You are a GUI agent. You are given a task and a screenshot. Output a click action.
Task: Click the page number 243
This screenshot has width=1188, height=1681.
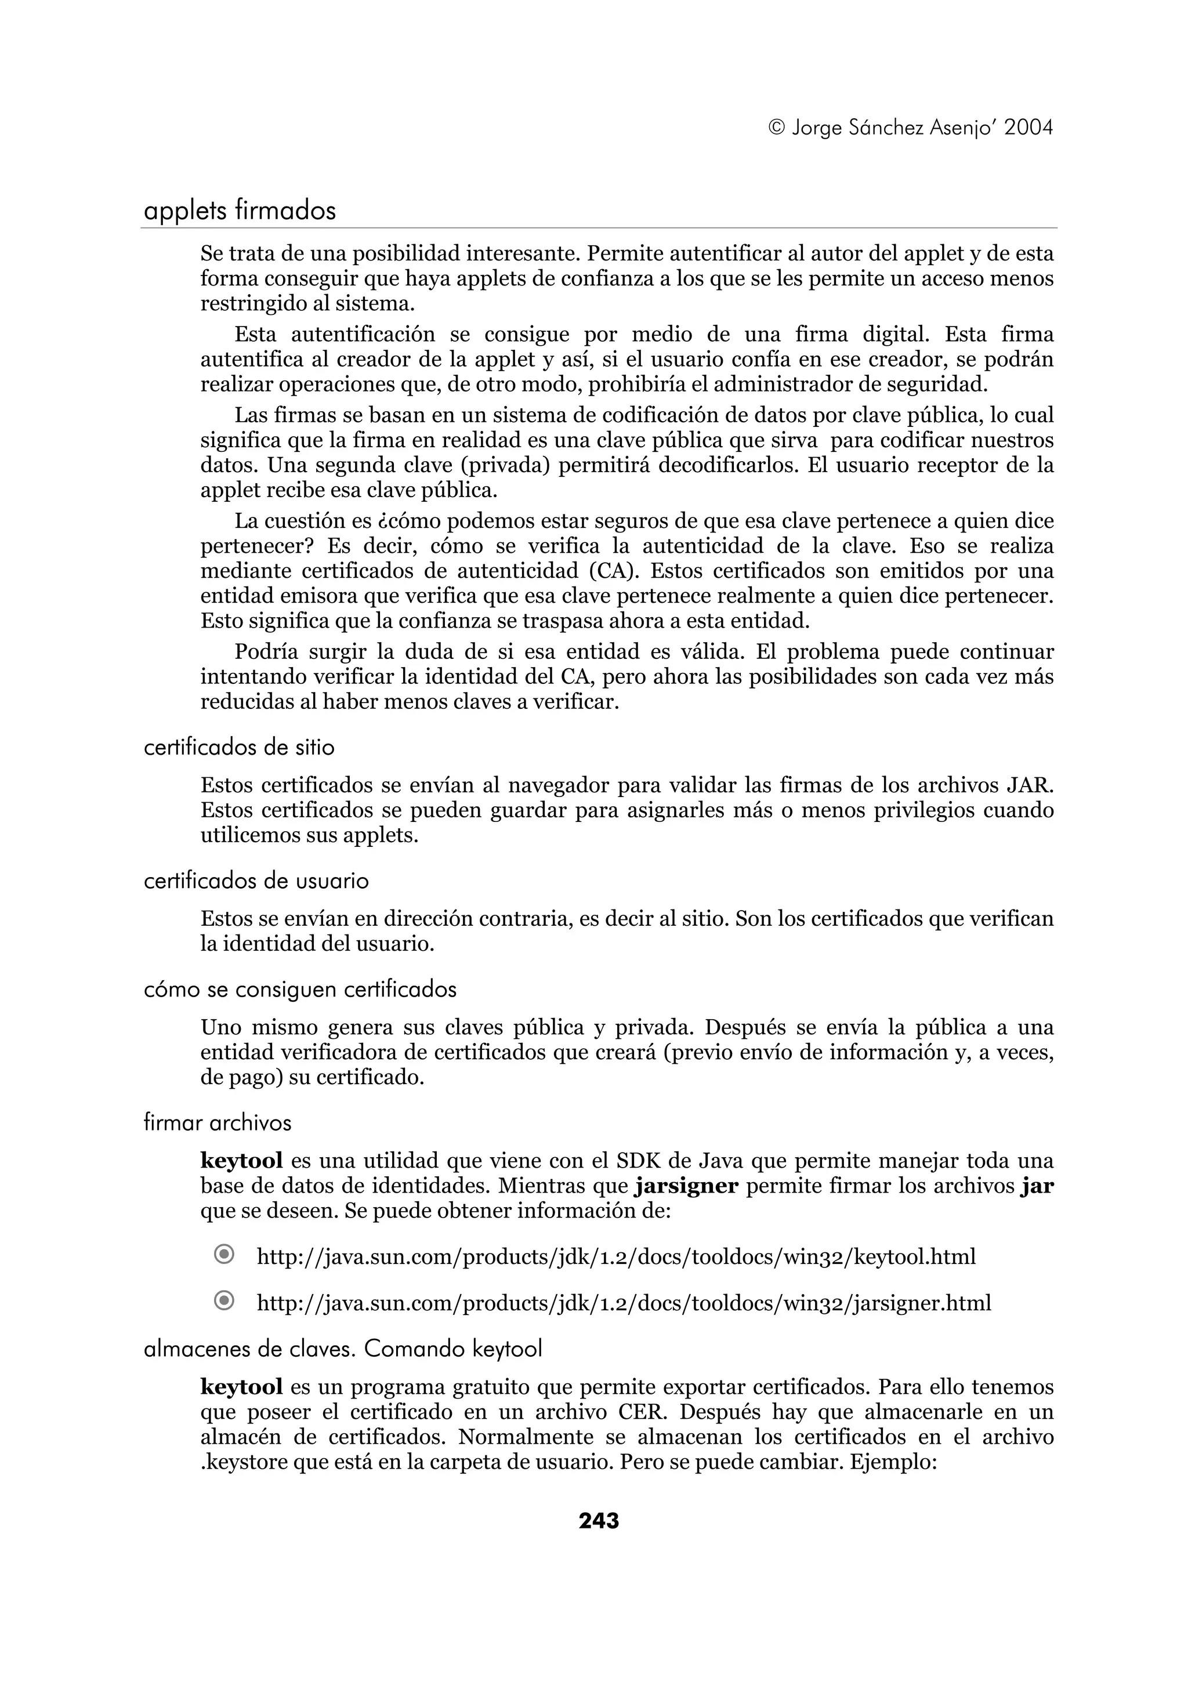coord(598,1521)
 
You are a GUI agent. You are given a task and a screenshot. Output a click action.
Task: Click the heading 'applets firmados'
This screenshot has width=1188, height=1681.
coord(240,211)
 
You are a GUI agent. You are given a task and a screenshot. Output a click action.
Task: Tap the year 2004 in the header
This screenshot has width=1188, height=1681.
coord(1028,128)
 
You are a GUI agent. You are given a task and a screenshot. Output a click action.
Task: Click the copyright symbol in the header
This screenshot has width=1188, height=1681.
coord(777,128)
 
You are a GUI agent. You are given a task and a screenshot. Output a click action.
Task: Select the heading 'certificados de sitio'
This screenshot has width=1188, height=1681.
coord(238,748)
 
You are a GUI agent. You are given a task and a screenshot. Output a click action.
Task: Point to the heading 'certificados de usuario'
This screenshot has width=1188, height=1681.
coord(256,881)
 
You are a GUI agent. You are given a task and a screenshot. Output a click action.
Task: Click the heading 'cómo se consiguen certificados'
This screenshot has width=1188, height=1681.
coord(300,990)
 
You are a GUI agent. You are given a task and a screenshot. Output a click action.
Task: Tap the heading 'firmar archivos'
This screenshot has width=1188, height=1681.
coord(218,1123)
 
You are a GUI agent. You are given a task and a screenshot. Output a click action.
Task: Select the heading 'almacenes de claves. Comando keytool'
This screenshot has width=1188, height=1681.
coord(343,1349)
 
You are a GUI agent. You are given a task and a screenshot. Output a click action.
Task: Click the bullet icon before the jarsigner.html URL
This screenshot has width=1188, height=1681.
coord(224,1301)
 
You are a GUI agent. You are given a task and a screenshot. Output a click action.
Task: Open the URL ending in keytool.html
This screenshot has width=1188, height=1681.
coord(616,1257)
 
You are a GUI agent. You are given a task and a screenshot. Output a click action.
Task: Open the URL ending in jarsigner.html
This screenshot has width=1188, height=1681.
coord(624,1303)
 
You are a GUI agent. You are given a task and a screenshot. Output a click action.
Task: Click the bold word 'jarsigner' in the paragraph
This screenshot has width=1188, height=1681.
coord(687,1186)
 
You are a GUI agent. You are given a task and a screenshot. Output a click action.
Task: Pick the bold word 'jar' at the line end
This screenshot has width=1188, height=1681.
coord(1037,1186)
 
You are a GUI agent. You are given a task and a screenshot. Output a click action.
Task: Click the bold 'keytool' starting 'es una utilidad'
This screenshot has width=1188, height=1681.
coord(241,1161)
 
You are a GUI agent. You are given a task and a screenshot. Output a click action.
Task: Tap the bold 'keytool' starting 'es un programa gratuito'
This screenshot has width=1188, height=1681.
coord(241,1387)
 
